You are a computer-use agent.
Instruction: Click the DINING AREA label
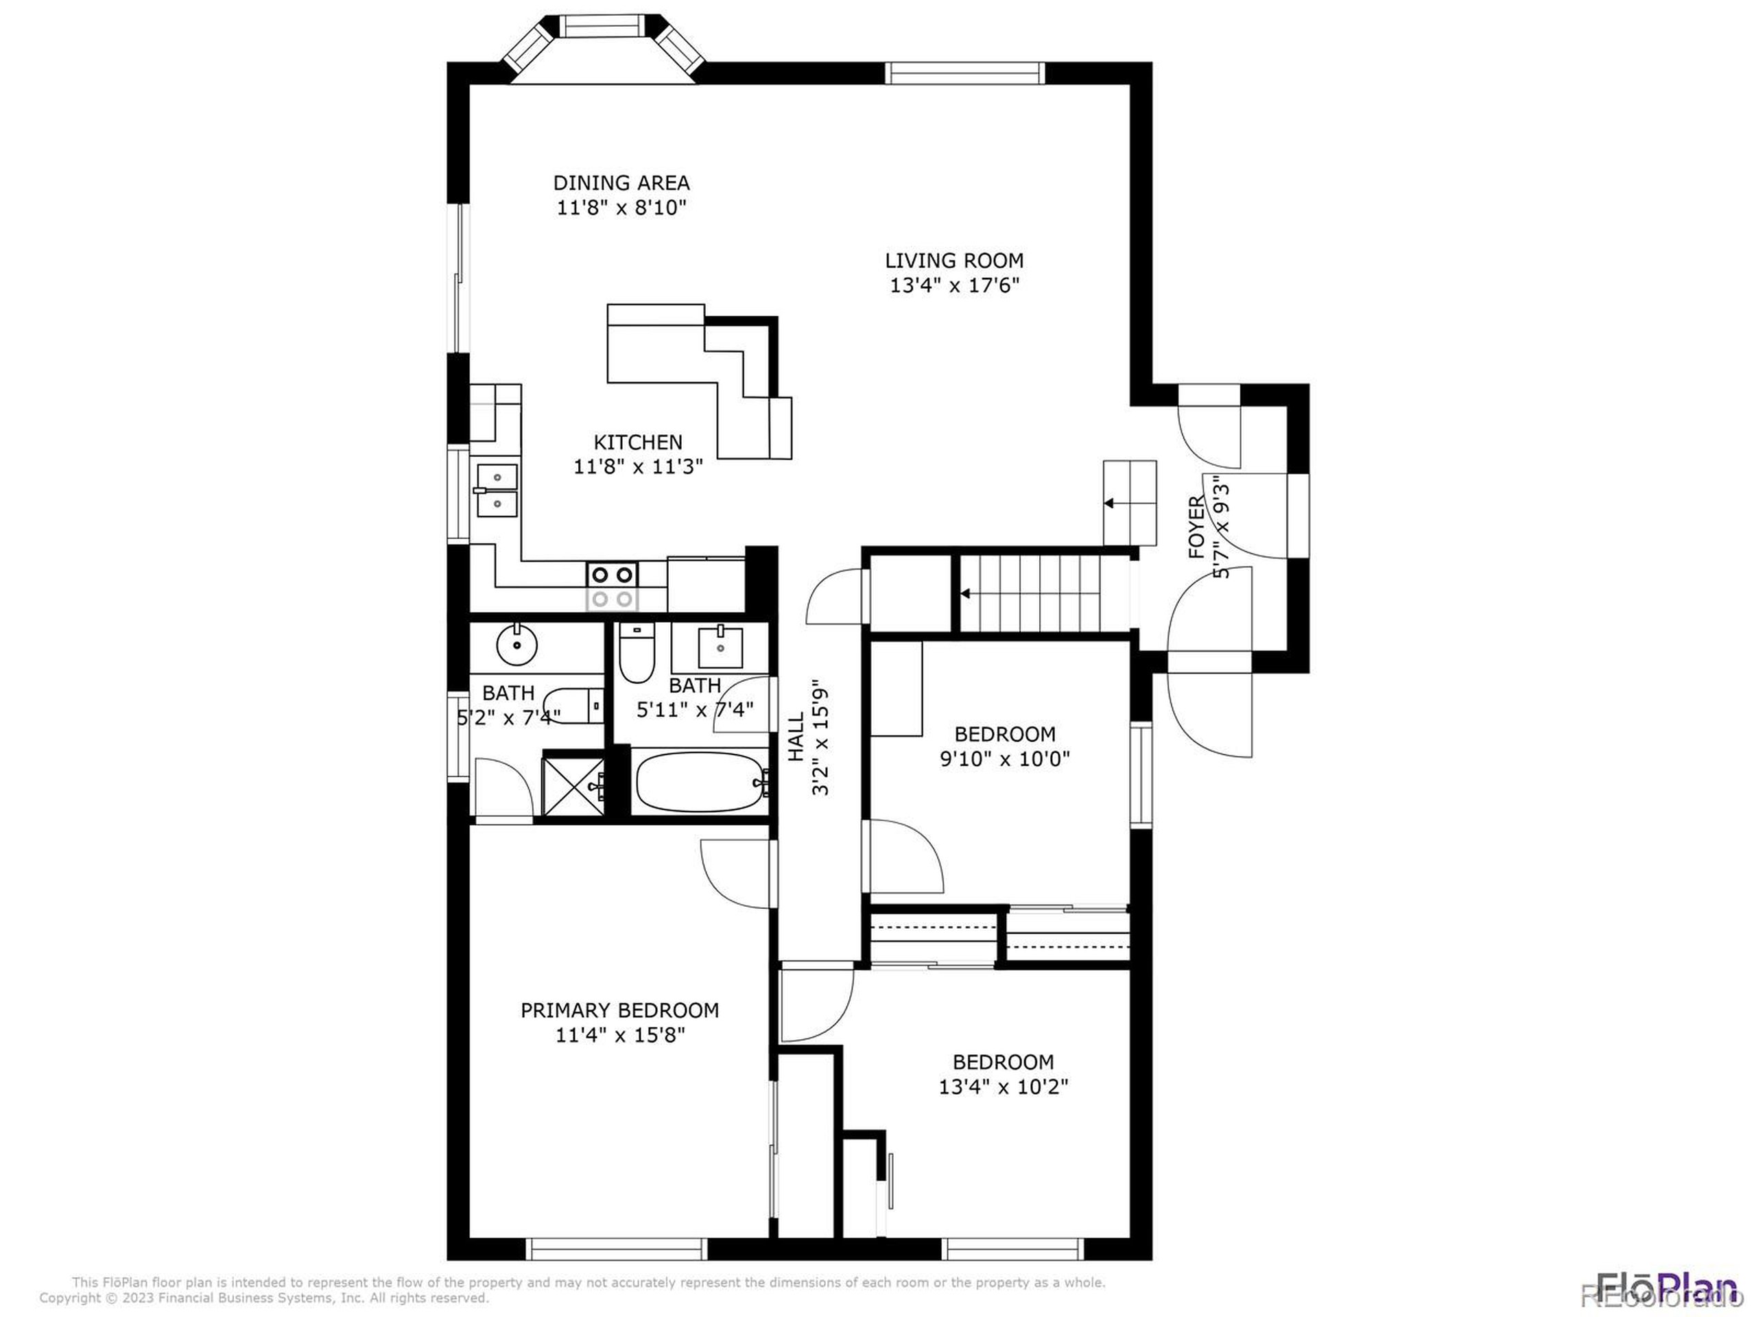621,183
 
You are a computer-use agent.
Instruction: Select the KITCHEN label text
637,442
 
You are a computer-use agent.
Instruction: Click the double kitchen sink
497,490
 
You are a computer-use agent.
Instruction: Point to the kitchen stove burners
613,586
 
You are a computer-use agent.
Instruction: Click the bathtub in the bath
700,782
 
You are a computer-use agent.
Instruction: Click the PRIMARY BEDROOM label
619,1010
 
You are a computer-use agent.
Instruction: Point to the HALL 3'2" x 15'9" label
808,736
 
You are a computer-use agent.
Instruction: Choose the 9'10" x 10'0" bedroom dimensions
1004,759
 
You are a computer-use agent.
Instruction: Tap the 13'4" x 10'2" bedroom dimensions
1003,1087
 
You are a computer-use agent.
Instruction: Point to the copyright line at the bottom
264,1298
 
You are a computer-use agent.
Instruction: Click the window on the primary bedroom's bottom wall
617,1248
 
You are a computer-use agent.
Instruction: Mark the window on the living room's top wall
964,73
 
